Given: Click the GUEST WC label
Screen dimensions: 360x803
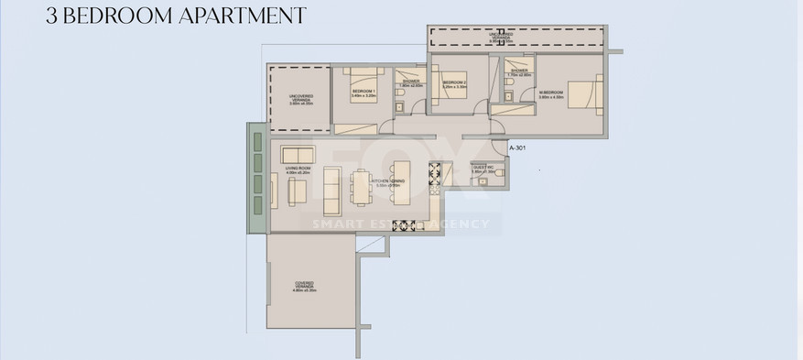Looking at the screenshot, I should click(x=483, y=169).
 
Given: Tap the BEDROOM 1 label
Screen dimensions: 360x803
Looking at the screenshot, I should click(x=364, y=93).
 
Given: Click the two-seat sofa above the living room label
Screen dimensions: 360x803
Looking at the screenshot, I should click(x=298, y=154).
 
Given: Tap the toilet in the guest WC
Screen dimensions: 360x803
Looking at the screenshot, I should click(x=495, y=180).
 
